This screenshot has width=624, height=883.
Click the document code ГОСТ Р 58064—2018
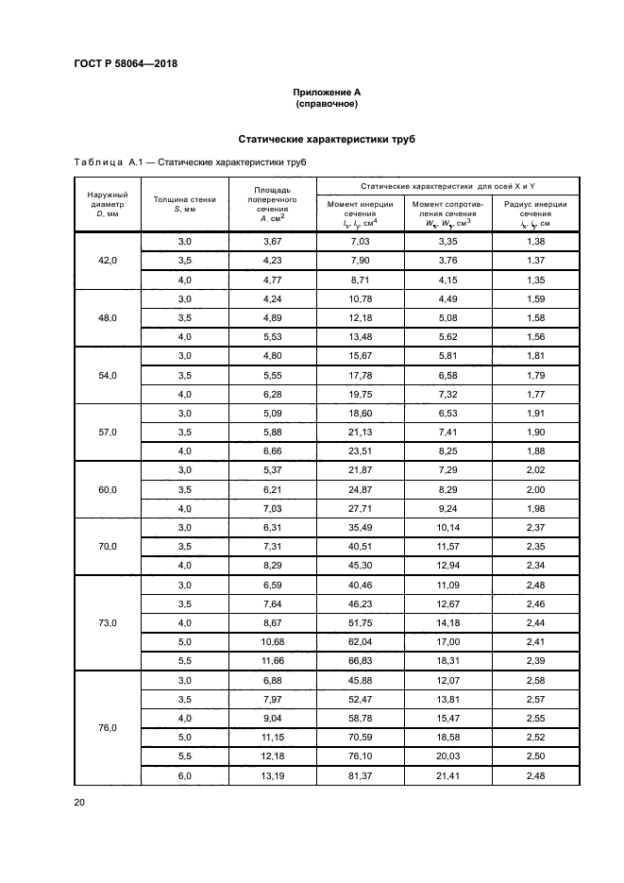(x=126, y=64)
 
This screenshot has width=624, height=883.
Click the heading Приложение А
(x=327, y=92)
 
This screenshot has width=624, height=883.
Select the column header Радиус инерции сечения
(x=535, y=213)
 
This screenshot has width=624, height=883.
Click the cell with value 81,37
(x=360, y=775)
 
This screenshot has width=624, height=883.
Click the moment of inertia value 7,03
(x=360, y=242)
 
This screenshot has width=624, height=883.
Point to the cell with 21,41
(x=447, y=775)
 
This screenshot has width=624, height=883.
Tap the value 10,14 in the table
(x=447, y=528)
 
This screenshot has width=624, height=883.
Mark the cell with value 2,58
(x=535, y=680)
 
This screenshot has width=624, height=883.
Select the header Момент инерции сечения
(x=360, y=213)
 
